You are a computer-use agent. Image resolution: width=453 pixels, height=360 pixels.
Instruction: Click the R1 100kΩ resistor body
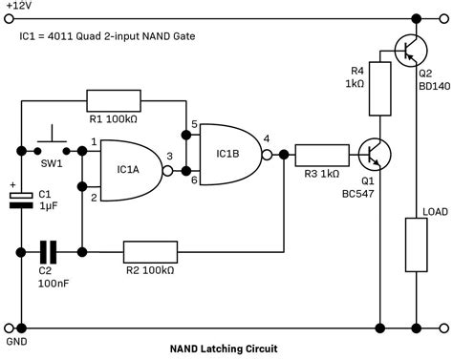(x=114, y=101)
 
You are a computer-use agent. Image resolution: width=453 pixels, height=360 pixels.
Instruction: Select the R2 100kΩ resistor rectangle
(x=150, y=252)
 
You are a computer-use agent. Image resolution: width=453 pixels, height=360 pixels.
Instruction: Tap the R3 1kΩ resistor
(x=322, y=156)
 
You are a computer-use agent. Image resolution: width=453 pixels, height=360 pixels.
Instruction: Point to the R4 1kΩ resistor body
(x=380, y=89)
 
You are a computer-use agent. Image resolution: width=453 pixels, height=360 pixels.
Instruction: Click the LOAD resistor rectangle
(x=416, y=244)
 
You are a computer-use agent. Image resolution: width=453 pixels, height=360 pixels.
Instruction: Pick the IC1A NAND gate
(x=132, y=171)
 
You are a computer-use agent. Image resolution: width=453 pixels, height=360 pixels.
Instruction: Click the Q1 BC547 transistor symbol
(x=375, y=155)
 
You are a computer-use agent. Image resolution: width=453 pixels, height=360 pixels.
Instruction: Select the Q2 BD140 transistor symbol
(x=411, y=51)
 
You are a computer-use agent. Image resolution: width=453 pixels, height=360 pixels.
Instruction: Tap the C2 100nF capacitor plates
(x=48, y=252)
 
